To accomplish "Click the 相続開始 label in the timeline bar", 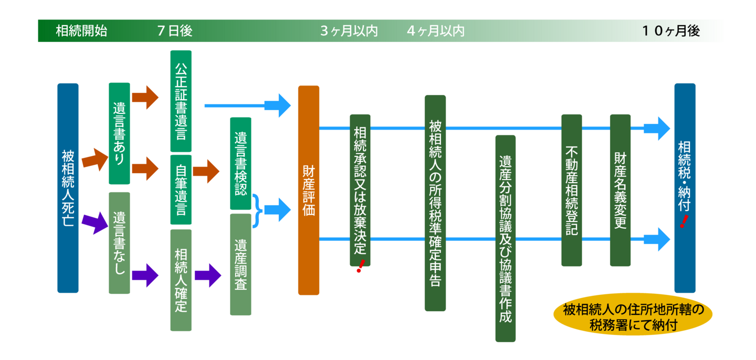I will click(x=81, y=31).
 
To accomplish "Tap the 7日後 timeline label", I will click(x=174, y=31).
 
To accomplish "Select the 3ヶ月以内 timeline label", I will click(x=349, y=31).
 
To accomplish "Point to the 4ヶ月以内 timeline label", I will click(x=435, y=31).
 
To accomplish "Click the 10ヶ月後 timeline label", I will click(x=670, y=31).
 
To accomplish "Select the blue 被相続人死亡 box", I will click(x=68, y=187).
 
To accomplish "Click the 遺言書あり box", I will click(x=119, y=133).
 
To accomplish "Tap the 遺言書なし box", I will click(x=119, y=242).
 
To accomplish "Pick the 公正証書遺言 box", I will click(x=181, y=101).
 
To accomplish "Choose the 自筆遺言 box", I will click(x=181, y=189).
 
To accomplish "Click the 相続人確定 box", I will click(x=181, y=280).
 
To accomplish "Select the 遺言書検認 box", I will click(x=240, y=163).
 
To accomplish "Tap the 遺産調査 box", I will click(x=240, y=264).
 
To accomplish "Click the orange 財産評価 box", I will click(x=309, y=190).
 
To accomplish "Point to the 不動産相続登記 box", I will click(x=571, y=190).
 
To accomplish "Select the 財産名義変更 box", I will click(x=620, y=190).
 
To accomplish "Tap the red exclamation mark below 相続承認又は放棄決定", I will click(x=360, y=267).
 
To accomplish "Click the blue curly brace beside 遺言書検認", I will click(x=257, y=210).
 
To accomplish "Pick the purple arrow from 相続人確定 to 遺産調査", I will click(x=207, y=275).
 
